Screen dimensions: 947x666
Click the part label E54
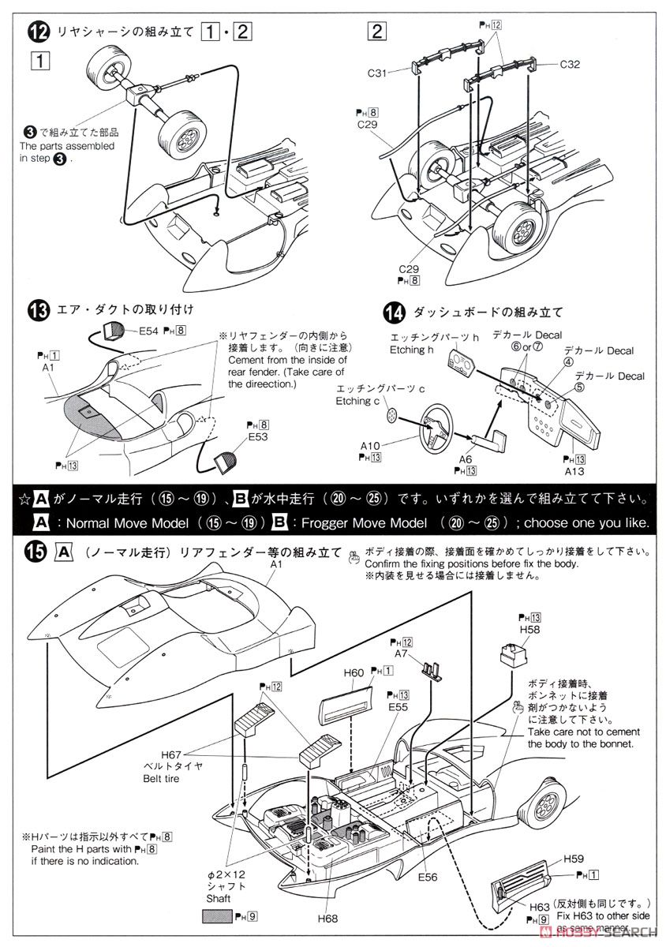(149, 332)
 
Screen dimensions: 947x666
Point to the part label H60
(354, 672)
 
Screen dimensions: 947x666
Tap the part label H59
(573, 859)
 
